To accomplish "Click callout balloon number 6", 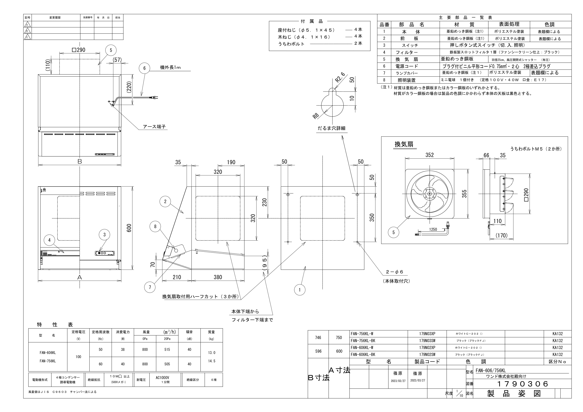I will [144, 68].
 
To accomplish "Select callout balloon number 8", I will [155, 227].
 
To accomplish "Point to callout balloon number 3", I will [104, 235].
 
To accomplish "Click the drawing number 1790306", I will [522, 384].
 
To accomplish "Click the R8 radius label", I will [316, 116].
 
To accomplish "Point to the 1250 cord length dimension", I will [433, 229].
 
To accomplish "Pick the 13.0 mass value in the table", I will [212, 353].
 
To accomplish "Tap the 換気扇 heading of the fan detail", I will [404, 144].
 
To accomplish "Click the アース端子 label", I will [154, 127].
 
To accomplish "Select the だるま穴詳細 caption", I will [331, 128].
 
